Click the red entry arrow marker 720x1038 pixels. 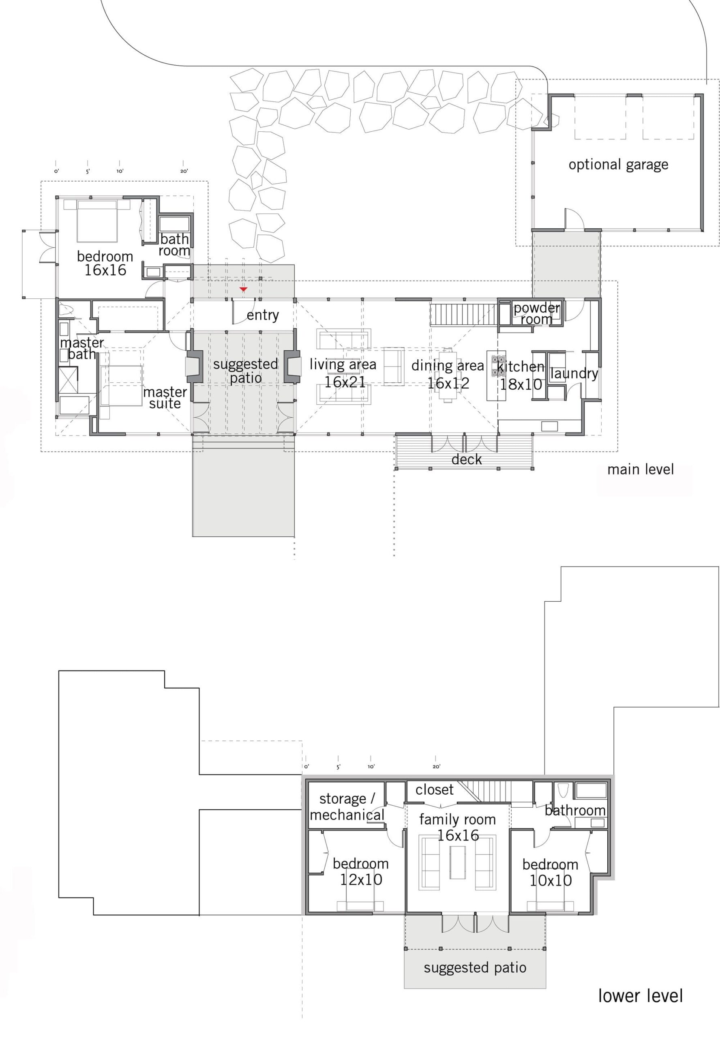coord(244,289)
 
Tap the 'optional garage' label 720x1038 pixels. coord(618,165)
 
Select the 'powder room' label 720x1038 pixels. coord(536,313)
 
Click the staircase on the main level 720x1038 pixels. coord(463,315)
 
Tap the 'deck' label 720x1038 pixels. coord(467,460)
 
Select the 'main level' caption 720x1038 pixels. coord(640,470)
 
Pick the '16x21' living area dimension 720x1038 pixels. coord(345,382)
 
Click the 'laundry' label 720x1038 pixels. coord(574,373)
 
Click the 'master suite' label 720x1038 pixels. coord(165,397)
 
